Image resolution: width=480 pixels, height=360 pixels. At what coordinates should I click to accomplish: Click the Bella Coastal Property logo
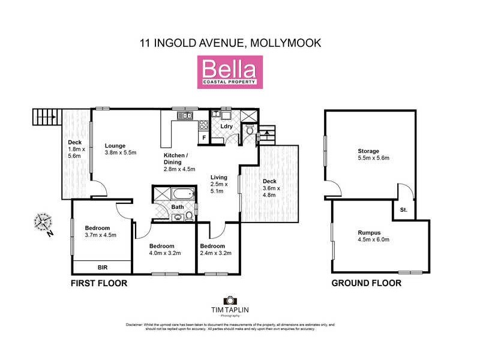[x=227, y=72]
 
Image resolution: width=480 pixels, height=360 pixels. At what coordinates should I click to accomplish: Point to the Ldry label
[x=226, y=127]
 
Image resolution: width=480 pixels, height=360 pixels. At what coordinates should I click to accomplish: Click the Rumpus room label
[x=368, y=232]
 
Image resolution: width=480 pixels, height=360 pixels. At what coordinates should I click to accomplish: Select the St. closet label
[x=403, y=210]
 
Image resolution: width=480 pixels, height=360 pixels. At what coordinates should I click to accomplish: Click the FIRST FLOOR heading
[x=99, y=283]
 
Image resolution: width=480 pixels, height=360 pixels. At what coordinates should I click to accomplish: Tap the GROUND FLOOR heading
[x=366, y=283]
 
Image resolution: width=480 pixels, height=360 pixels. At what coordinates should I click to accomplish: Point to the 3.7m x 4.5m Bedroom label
[x=97, y=228]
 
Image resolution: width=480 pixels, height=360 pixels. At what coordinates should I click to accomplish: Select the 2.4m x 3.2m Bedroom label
[x=212, y=247]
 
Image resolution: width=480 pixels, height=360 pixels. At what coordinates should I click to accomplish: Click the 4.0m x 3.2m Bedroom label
[x=161, y=247]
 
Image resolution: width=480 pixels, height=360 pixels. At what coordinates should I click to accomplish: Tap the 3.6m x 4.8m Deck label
[x=269, y=181]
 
